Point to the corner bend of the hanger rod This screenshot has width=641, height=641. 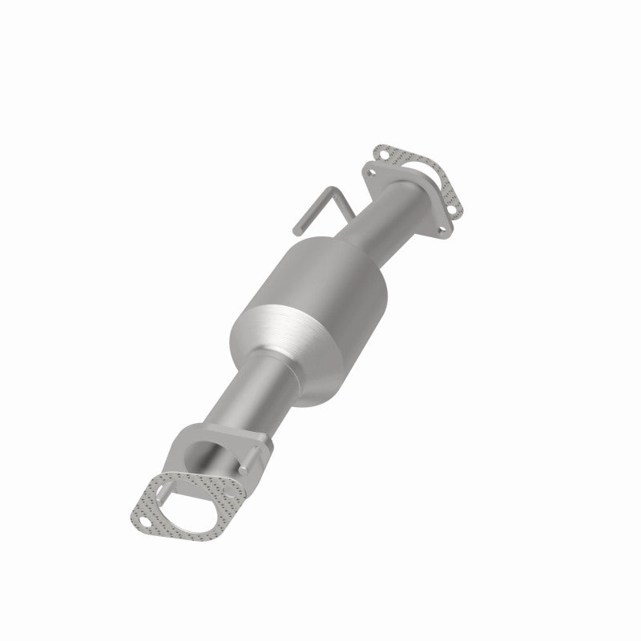(330, 190)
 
